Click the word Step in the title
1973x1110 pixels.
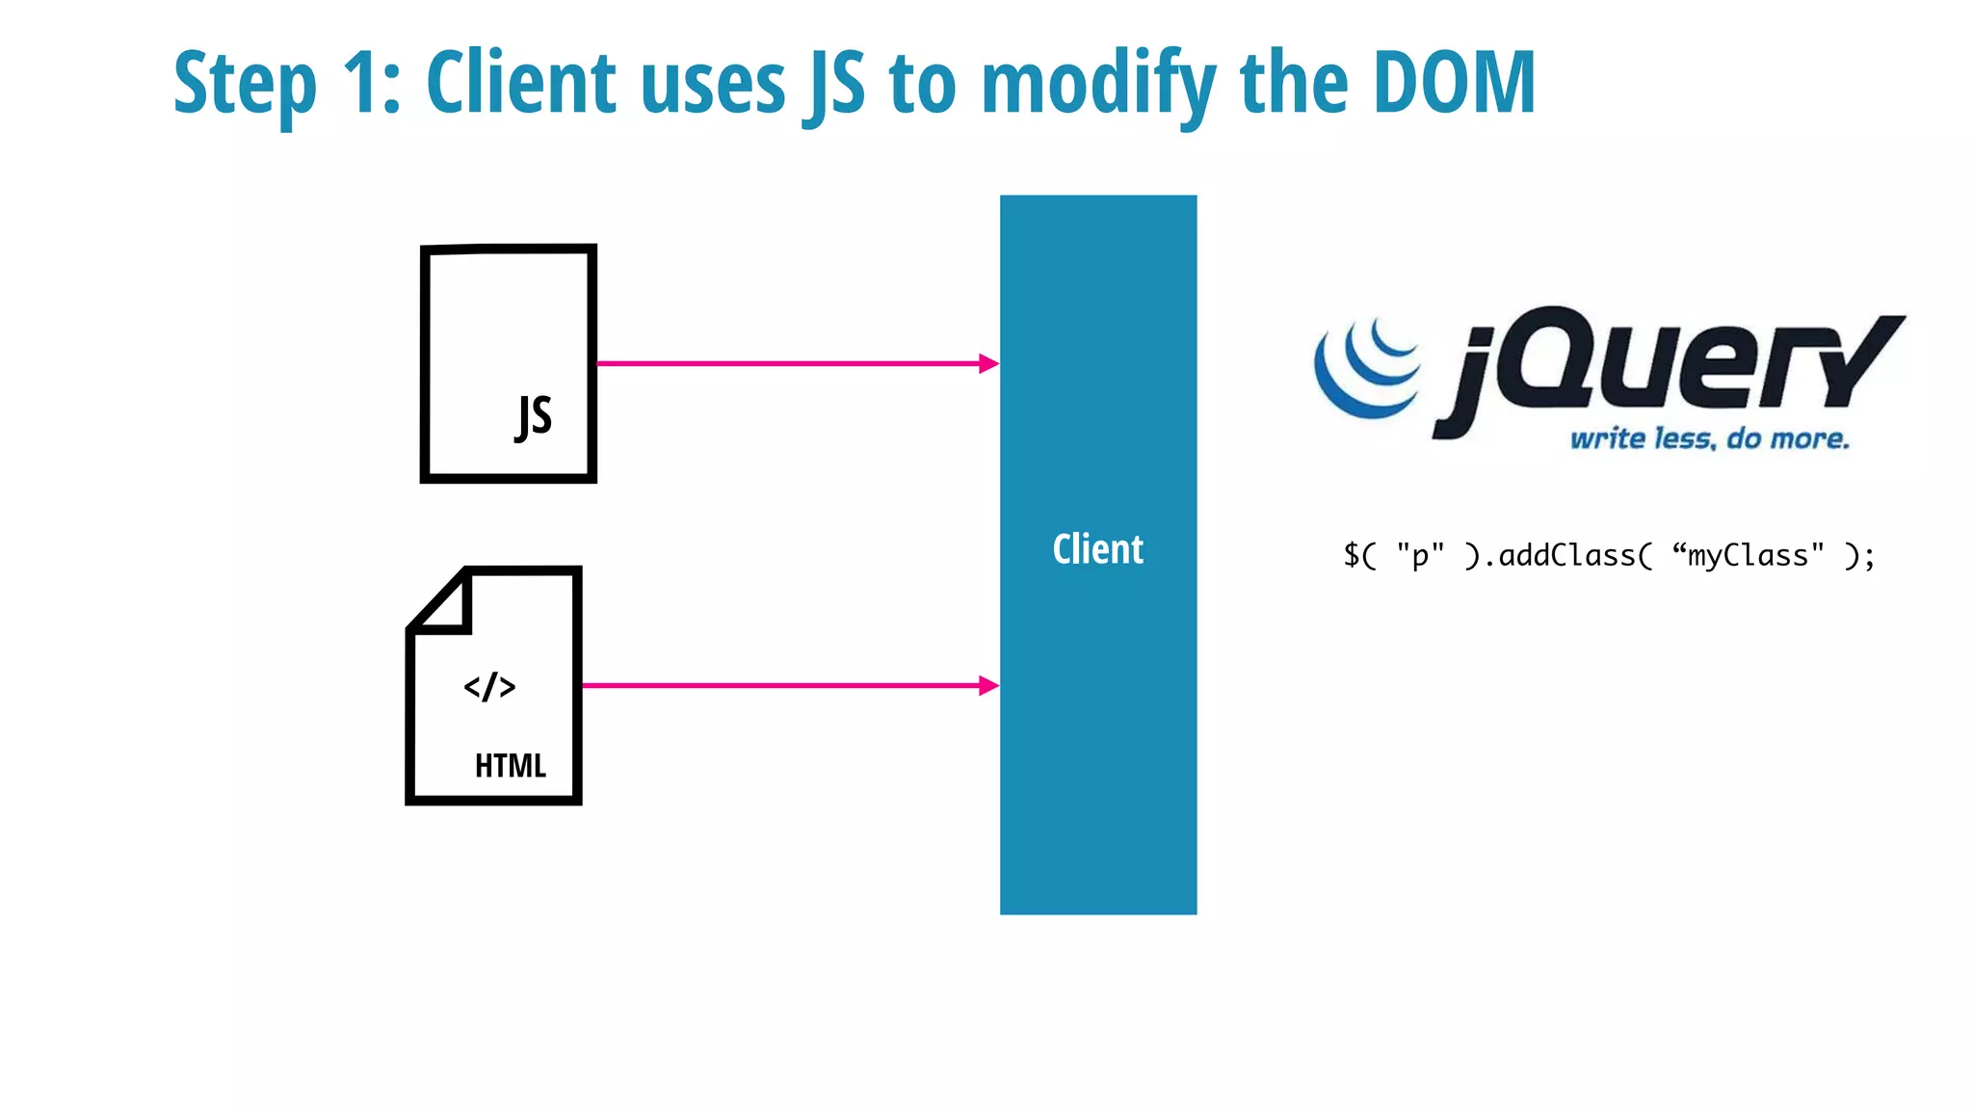pos(245,85)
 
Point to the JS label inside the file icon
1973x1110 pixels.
pos(534,417)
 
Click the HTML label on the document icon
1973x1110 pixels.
pos(511,766)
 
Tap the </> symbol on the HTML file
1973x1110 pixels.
pos(489,687)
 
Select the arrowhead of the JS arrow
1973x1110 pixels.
pos(988,363)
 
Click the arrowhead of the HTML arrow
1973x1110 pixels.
pos(988,685)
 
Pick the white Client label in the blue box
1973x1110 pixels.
pos(1097,549)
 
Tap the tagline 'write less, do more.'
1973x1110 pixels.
pos(1709,439)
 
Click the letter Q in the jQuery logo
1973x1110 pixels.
pos(1550,358)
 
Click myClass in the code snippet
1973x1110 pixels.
pos(1748,556)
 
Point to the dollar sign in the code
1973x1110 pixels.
pos(1352,556)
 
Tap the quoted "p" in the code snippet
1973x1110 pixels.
pos(1420,556)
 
